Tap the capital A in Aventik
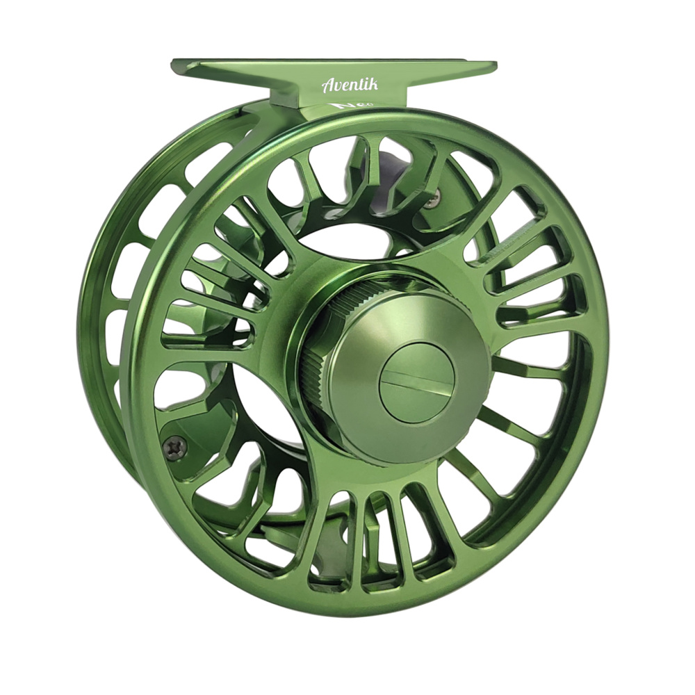(x=327, y=86)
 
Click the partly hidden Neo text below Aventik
(x=346, y=107)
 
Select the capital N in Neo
(x=339, y=107)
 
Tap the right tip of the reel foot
(x=494, y=66)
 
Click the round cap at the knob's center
(x=417, y=381)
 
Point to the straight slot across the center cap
(x=417, y=382)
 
